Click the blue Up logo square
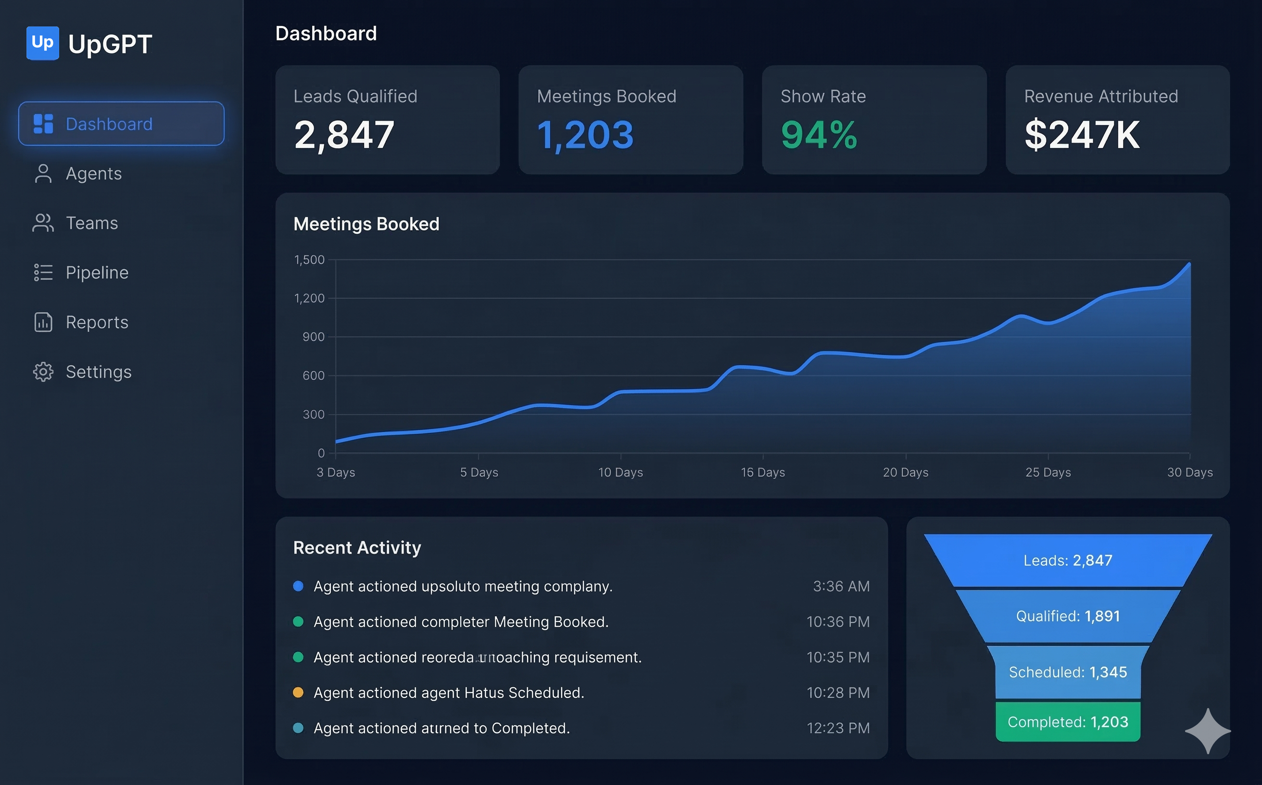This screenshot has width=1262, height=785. [x=43, y=43]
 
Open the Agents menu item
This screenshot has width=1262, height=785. [x=93, y=174]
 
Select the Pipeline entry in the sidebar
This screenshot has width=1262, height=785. [x=97, y=273]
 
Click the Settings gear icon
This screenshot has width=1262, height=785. [x=43, y=372]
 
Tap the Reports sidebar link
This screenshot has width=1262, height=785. [x=97, y=322]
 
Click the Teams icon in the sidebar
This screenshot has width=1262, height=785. [x=43, y=223]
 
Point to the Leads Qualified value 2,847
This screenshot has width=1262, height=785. [x=344, y=135]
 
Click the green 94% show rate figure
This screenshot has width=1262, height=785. [x=819, y=135]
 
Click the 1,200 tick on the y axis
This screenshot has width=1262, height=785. [x=309, y=298]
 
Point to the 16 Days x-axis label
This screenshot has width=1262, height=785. [x=763, y=472]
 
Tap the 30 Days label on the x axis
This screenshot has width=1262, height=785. [x=1190, y=472]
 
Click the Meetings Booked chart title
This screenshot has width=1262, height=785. [x=366, y=224]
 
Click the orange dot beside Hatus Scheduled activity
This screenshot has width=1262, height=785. [x=298, y=693]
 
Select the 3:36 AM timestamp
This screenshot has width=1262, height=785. [x=841, y=586]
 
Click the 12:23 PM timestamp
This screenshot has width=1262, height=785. [x=838, y=728]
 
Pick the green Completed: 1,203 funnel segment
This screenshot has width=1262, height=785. [x=1068, y=722]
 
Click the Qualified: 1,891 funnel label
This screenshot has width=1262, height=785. [x=1068, y=616]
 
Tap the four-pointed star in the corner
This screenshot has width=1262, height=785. [x=1208, y=731]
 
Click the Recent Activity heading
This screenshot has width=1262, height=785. [x=357, y=548]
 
